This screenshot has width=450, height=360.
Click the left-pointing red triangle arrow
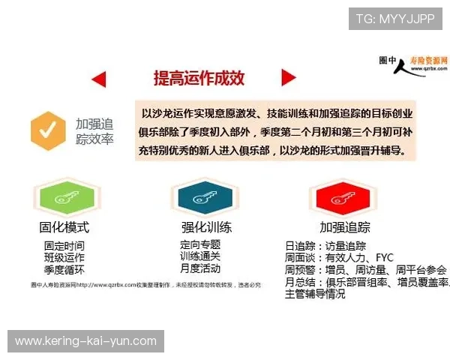tap(98, 79)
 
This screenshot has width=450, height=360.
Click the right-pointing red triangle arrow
tap(288, 77)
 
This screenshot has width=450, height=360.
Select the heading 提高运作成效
tap(199, 78)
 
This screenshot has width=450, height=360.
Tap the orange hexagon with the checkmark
tap(47, 130)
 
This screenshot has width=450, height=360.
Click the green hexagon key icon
tap(63, 199)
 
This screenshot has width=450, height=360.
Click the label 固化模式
tap(64, 227)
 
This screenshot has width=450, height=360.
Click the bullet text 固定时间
tap(64, 246)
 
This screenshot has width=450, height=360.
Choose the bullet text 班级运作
tap(64, 258)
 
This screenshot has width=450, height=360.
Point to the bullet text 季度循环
tap(64, 270)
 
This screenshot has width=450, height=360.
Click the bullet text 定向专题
tap(200, 244)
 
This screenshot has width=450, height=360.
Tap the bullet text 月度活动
tap(200, 268)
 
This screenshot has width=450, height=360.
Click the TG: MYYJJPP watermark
tap(394, 19)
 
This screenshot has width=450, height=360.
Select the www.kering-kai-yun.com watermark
tap(86, 341)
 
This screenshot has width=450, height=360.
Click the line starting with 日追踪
tap(325, 246)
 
